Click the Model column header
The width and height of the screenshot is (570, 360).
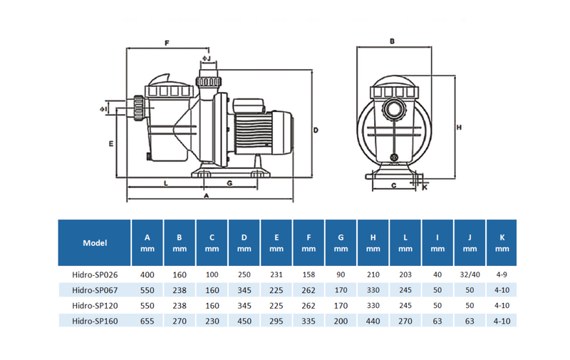[x=95, y=243]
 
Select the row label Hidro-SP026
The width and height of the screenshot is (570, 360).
[x=95, y=274]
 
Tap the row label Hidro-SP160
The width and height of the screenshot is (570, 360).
[x=95, y=321]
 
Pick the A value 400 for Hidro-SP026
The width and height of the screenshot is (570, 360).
[x=147, y=274]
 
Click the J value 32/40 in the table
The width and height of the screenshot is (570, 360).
[x=470, y=274]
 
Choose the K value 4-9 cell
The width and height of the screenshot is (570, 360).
[x=502, y=274]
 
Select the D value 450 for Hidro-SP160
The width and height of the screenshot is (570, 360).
[x=244, y=321]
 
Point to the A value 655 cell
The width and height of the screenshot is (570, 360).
[x=147, y=321]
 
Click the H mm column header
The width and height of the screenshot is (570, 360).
[x=373, y=243]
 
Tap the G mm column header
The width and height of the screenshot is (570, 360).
[x=341, y=243]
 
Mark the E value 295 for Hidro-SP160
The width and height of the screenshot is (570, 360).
[x=276, y=321]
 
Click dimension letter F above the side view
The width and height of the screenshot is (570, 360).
[x=167, y=43]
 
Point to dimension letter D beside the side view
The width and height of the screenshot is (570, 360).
[x=316, y=130]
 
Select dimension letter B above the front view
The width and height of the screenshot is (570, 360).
[x=392, y=41]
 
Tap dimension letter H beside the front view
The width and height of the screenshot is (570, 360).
[x=459, y=128]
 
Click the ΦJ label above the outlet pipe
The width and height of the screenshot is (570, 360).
[x=207, y=58]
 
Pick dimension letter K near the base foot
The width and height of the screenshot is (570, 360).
[x=425, y=187]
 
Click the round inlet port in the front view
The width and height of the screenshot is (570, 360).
[x=394, y=108]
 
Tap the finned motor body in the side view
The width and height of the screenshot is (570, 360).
[x=253, y=130]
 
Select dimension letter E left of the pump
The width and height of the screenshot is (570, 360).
[x=111, y=144]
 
